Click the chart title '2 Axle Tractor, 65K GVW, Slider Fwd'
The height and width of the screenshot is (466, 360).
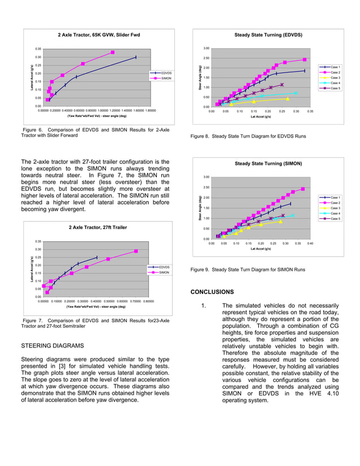pyautogui.click(x=99, y=36)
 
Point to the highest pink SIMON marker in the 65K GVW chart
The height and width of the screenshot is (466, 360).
pyautogui.click(x=113, y=52)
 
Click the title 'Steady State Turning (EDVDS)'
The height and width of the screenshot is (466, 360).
pyautogui.click(x=268, y=35)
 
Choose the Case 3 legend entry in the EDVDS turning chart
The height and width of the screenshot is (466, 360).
pyautogui.click(x=335, y=78)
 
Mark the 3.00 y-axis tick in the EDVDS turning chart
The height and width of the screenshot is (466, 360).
pyautogui.click(x=207, y=49)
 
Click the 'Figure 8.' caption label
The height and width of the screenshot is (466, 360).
pyautogui.click(x=202, y=137)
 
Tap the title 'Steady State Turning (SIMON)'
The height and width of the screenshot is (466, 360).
pyautogui.click(x=268, y=164)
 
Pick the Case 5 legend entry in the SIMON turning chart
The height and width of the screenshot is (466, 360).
pyautogui.click(x=335, y=218)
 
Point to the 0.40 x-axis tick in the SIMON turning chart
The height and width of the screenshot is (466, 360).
pyautogui.click(x=310, y=244)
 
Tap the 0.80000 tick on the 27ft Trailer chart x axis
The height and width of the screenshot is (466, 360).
pyautogui.click(x=147, y=301)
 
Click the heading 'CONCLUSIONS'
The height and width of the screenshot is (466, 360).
pyautogui.click(x=212, y=292)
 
